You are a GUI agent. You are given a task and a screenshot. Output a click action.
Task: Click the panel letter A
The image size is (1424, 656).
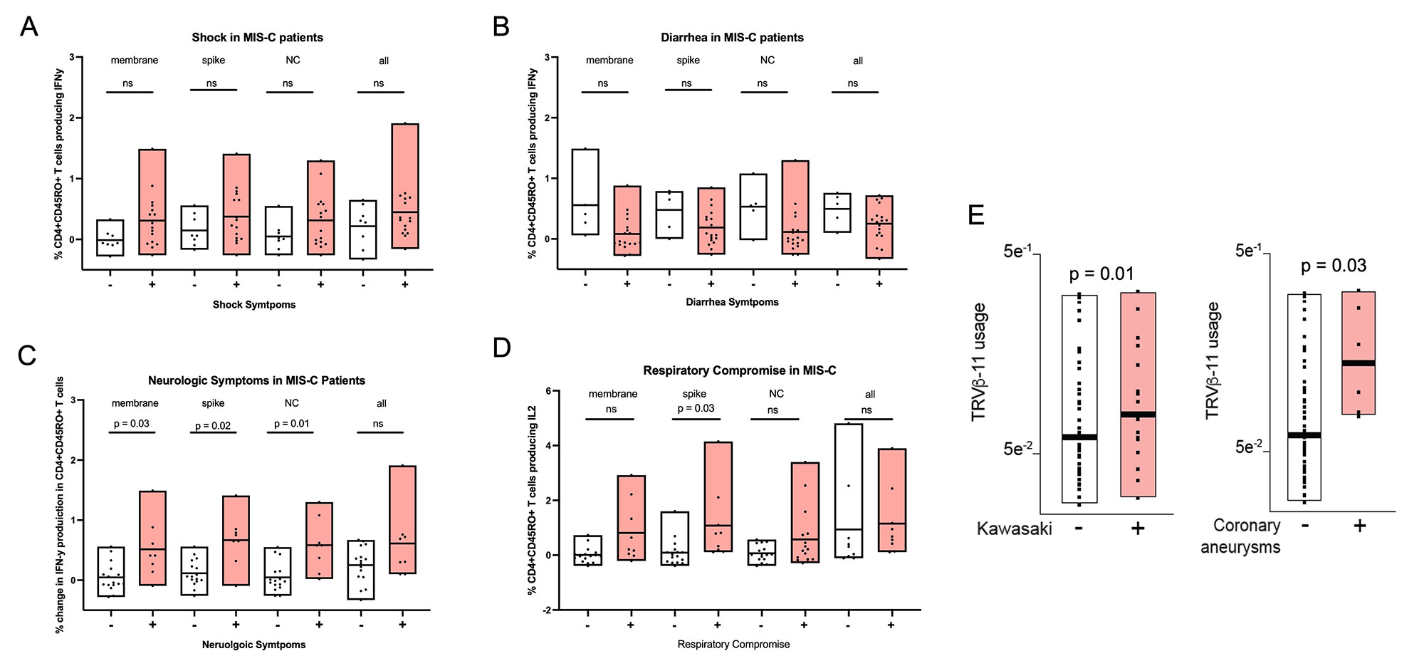(x=28, y=27)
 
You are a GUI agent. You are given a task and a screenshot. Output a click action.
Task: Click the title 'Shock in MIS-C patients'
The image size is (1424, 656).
(x=257, y=37)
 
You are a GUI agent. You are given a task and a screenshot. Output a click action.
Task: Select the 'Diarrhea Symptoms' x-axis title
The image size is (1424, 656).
(x=732, y=302)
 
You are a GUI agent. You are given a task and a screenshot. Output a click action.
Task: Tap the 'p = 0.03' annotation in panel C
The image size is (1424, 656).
(x=132, y=424)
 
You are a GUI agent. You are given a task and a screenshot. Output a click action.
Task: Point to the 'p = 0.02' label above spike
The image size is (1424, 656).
(x=213, y=426)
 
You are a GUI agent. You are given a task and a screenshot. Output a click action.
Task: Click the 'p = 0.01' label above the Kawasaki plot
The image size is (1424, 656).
(x=1101, y=274)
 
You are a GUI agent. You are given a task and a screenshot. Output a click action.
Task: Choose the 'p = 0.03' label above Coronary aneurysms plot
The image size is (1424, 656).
(x=1333, y=266)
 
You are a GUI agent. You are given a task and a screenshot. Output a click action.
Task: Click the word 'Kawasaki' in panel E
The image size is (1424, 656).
(x=1014, y=529)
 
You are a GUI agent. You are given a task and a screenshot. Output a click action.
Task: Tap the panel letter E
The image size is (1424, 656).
(x=977, y=214)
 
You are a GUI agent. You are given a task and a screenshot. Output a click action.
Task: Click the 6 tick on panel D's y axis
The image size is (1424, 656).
(x=548, y=391)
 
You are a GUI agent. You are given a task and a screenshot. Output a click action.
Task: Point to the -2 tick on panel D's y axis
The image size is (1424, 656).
(x=547, y=610)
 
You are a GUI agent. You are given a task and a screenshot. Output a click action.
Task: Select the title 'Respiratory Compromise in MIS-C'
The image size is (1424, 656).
(x=739, y=370)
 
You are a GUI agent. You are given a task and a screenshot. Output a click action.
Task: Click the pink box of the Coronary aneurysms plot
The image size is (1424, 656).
(x=1358, y=353)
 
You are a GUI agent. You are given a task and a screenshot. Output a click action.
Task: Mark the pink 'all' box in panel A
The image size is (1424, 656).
(x=405, y=186)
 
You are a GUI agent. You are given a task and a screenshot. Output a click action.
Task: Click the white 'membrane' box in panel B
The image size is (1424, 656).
(x=585, y=192)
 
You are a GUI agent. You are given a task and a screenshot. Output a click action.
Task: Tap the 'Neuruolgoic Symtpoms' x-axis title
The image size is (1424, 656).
(x=253, y=645)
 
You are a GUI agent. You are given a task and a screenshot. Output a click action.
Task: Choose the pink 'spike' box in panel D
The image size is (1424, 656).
(x=718, y=496)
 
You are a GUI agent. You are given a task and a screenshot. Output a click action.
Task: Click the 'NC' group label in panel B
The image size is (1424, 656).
(x=767, y=60)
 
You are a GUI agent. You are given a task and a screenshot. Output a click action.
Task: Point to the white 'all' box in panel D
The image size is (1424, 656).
(x=849, y=491)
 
